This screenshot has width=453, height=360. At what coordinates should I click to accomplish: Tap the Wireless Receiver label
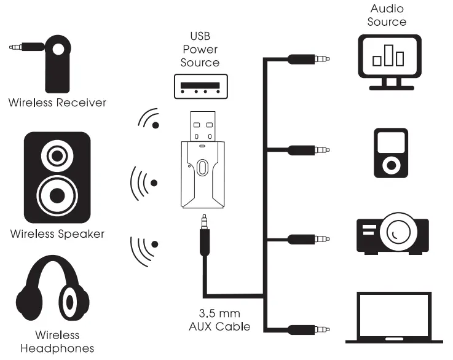[57, 103]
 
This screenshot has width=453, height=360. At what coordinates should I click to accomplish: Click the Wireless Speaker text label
[57, 234]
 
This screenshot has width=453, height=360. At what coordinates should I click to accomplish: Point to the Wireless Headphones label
[57, 342]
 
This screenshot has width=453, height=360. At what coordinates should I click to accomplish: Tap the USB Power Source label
[200, 49]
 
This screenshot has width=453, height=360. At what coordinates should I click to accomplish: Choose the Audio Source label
[387, 15]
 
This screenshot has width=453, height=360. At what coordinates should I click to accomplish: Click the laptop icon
[394, 317]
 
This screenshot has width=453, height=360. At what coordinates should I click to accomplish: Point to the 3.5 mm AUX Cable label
[219, 319]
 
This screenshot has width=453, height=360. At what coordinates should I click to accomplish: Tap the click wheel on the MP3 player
[390, 165]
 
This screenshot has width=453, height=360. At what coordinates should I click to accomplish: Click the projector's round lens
[397, 234]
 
